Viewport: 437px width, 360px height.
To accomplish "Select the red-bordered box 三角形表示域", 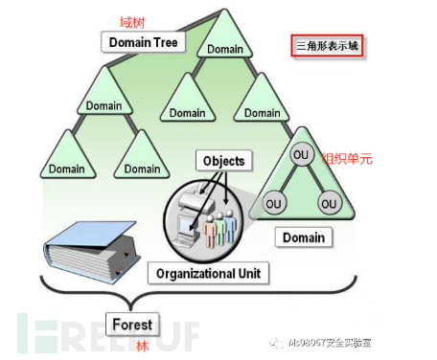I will (x=328, y=45).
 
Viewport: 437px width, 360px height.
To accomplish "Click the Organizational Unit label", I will (x=207, y=274).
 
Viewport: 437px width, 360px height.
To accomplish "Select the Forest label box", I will (x=132, y=324).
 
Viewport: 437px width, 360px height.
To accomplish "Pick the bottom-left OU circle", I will (x=274, y=204).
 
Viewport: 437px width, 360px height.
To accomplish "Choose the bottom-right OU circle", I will (x=330, y=204).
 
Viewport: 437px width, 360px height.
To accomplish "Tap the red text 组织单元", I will (x=352, y=159).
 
